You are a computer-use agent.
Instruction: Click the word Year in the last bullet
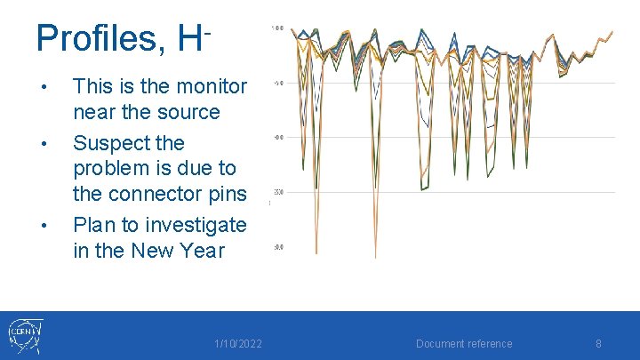pyautogui.click(x=200, y=251)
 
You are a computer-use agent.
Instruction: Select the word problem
pyautogui.click(x=111, y=168)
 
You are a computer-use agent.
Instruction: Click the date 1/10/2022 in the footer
pyautogui.click(x=237, y=344)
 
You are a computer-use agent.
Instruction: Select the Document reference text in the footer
pyautogui.click(x=465, y=344)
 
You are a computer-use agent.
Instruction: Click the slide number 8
pyautogui.click(x=598, y=344)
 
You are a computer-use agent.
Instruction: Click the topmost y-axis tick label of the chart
pyautogui.click(x=277, y=28)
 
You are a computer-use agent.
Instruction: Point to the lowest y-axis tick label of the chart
pyautogui.click(x=277, y=247)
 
